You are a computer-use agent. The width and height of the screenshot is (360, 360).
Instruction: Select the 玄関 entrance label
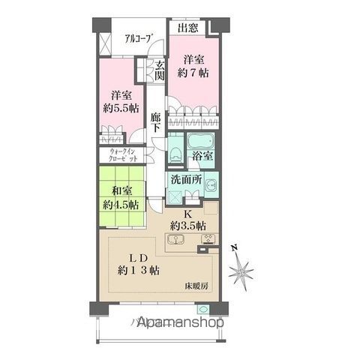160,72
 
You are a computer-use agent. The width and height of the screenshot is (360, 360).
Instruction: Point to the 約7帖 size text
193,73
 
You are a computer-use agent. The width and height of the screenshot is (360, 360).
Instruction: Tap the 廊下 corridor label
155,122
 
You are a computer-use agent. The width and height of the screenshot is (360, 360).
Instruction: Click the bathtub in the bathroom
199,141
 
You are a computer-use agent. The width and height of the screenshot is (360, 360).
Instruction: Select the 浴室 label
203,156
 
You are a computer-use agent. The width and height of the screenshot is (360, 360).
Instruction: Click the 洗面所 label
185,181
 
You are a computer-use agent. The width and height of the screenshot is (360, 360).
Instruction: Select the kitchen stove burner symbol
207,241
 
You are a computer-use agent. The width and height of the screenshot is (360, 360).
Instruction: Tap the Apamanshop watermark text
181,322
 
